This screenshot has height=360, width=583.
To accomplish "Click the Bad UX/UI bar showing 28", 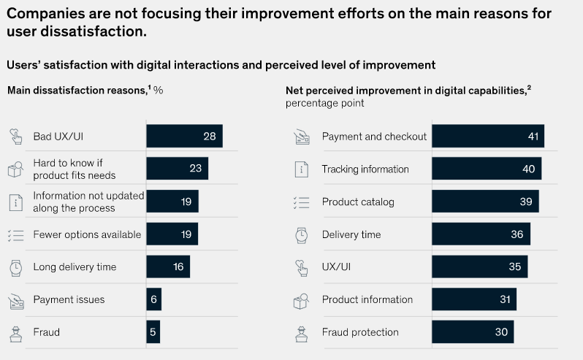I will [x=184, y=137].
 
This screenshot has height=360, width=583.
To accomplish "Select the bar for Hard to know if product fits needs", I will [x=177, y=169].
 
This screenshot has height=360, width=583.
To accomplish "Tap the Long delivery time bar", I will [x=168, y=267].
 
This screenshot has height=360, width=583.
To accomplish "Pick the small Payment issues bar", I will [x=153, y=299].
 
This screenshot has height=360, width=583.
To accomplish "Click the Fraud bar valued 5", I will [x=153, y=332].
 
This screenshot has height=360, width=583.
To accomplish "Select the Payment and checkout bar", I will [x=487, y=137].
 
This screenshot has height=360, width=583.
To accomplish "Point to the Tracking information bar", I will [x=487, y=169].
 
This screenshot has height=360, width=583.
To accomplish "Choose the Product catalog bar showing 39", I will [x=485, y=202].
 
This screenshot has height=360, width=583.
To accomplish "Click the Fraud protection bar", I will [x=473, y=332].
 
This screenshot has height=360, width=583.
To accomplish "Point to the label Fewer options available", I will [x=87, y=234].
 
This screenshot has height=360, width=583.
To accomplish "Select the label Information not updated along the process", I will [x=88, y=202].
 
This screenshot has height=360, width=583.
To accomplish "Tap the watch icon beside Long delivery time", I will [x=16, y=267].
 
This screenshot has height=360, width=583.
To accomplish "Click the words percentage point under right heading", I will [x=324, y=103].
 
